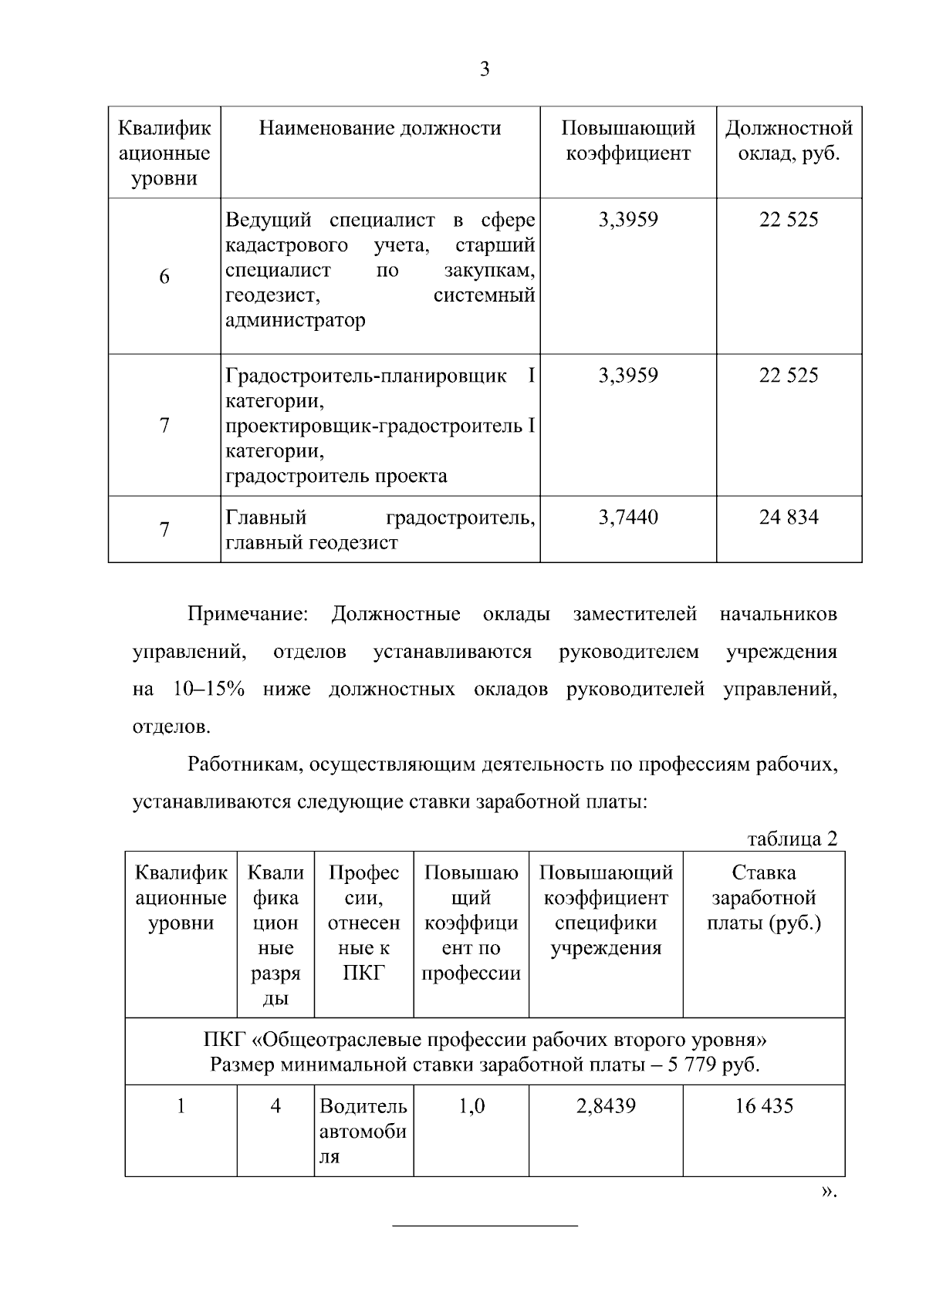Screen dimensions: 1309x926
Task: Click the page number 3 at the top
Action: (485, 69)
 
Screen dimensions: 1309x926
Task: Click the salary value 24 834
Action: (789, 517)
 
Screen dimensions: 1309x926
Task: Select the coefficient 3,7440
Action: (628, 517)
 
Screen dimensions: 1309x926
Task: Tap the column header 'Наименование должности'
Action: (380, 128)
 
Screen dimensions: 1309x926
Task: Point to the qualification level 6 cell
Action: (164, 277)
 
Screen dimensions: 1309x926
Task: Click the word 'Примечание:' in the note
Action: (248, 615)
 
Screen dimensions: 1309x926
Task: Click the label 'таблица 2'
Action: (792, 838)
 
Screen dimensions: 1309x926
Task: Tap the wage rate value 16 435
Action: (764, 1106)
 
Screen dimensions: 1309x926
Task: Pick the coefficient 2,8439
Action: (606, 1106)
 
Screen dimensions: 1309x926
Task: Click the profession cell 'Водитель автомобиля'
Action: (363, 1131)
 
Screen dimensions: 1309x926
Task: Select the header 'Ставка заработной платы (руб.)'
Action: (764, 898)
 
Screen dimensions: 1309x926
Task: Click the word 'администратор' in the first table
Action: (296, 320)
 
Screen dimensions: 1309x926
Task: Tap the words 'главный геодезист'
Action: (312, 542)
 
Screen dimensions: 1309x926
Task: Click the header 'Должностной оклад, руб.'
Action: (789, 140)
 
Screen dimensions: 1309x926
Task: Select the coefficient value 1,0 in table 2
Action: (471, 1106)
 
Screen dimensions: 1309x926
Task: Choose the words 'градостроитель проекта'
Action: (336, 476)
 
